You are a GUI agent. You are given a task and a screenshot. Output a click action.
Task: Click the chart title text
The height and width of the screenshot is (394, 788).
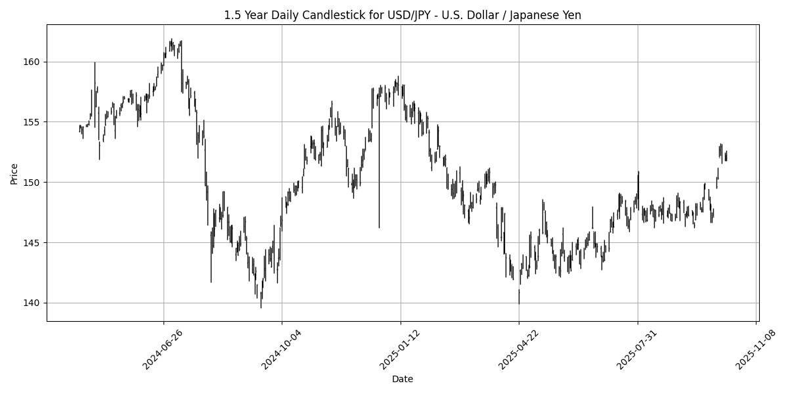pyautogui.click(x=403, y=15)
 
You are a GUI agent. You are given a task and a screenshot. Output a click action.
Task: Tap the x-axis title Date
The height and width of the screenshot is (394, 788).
pyautogui.click(x=403, y=379)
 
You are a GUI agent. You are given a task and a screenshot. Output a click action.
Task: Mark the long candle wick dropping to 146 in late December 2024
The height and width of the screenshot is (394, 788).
pyautogui.click(x=379, y=197)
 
